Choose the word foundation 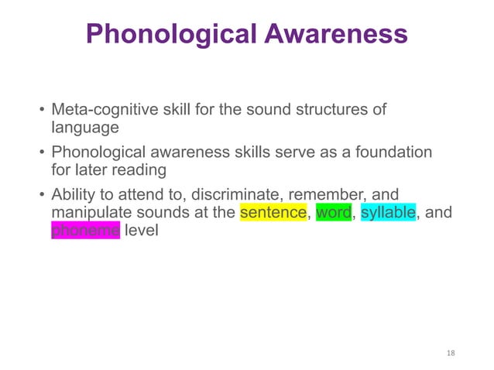[395, 152]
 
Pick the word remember [340, 194]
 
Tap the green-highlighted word [334, 212]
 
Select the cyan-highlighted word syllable [389, 212]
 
